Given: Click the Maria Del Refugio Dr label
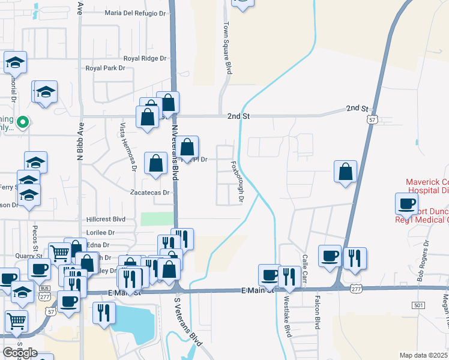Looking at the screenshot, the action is [x=134, y=12].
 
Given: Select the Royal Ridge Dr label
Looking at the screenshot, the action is [x=145, y=58].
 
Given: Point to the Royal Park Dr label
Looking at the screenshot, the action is [x=105, y=68].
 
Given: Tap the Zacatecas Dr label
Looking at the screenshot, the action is [x=151, y=193].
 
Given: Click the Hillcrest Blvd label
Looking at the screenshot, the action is [x=106, y=220].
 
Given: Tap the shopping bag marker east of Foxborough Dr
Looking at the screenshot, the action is [x=346, y=172].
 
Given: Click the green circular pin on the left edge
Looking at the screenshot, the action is [x=23, y=122].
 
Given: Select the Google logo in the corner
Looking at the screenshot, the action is [x=19, y=352].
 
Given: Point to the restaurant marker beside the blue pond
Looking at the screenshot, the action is [x=104, y=312].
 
